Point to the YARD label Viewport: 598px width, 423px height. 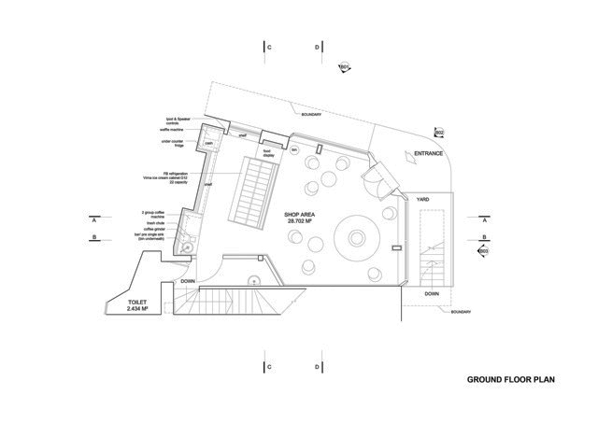[x=422, y=200]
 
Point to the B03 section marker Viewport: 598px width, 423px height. [x=483, y=250]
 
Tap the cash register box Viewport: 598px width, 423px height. [x=210, y=143]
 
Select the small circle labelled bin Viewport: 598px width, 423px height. [x=293, y=149]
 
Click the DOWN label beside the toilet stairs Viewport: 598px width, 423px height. [x=189, y=280]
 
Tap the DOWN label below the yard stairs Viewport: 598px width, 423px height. [x=431, y=293]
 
